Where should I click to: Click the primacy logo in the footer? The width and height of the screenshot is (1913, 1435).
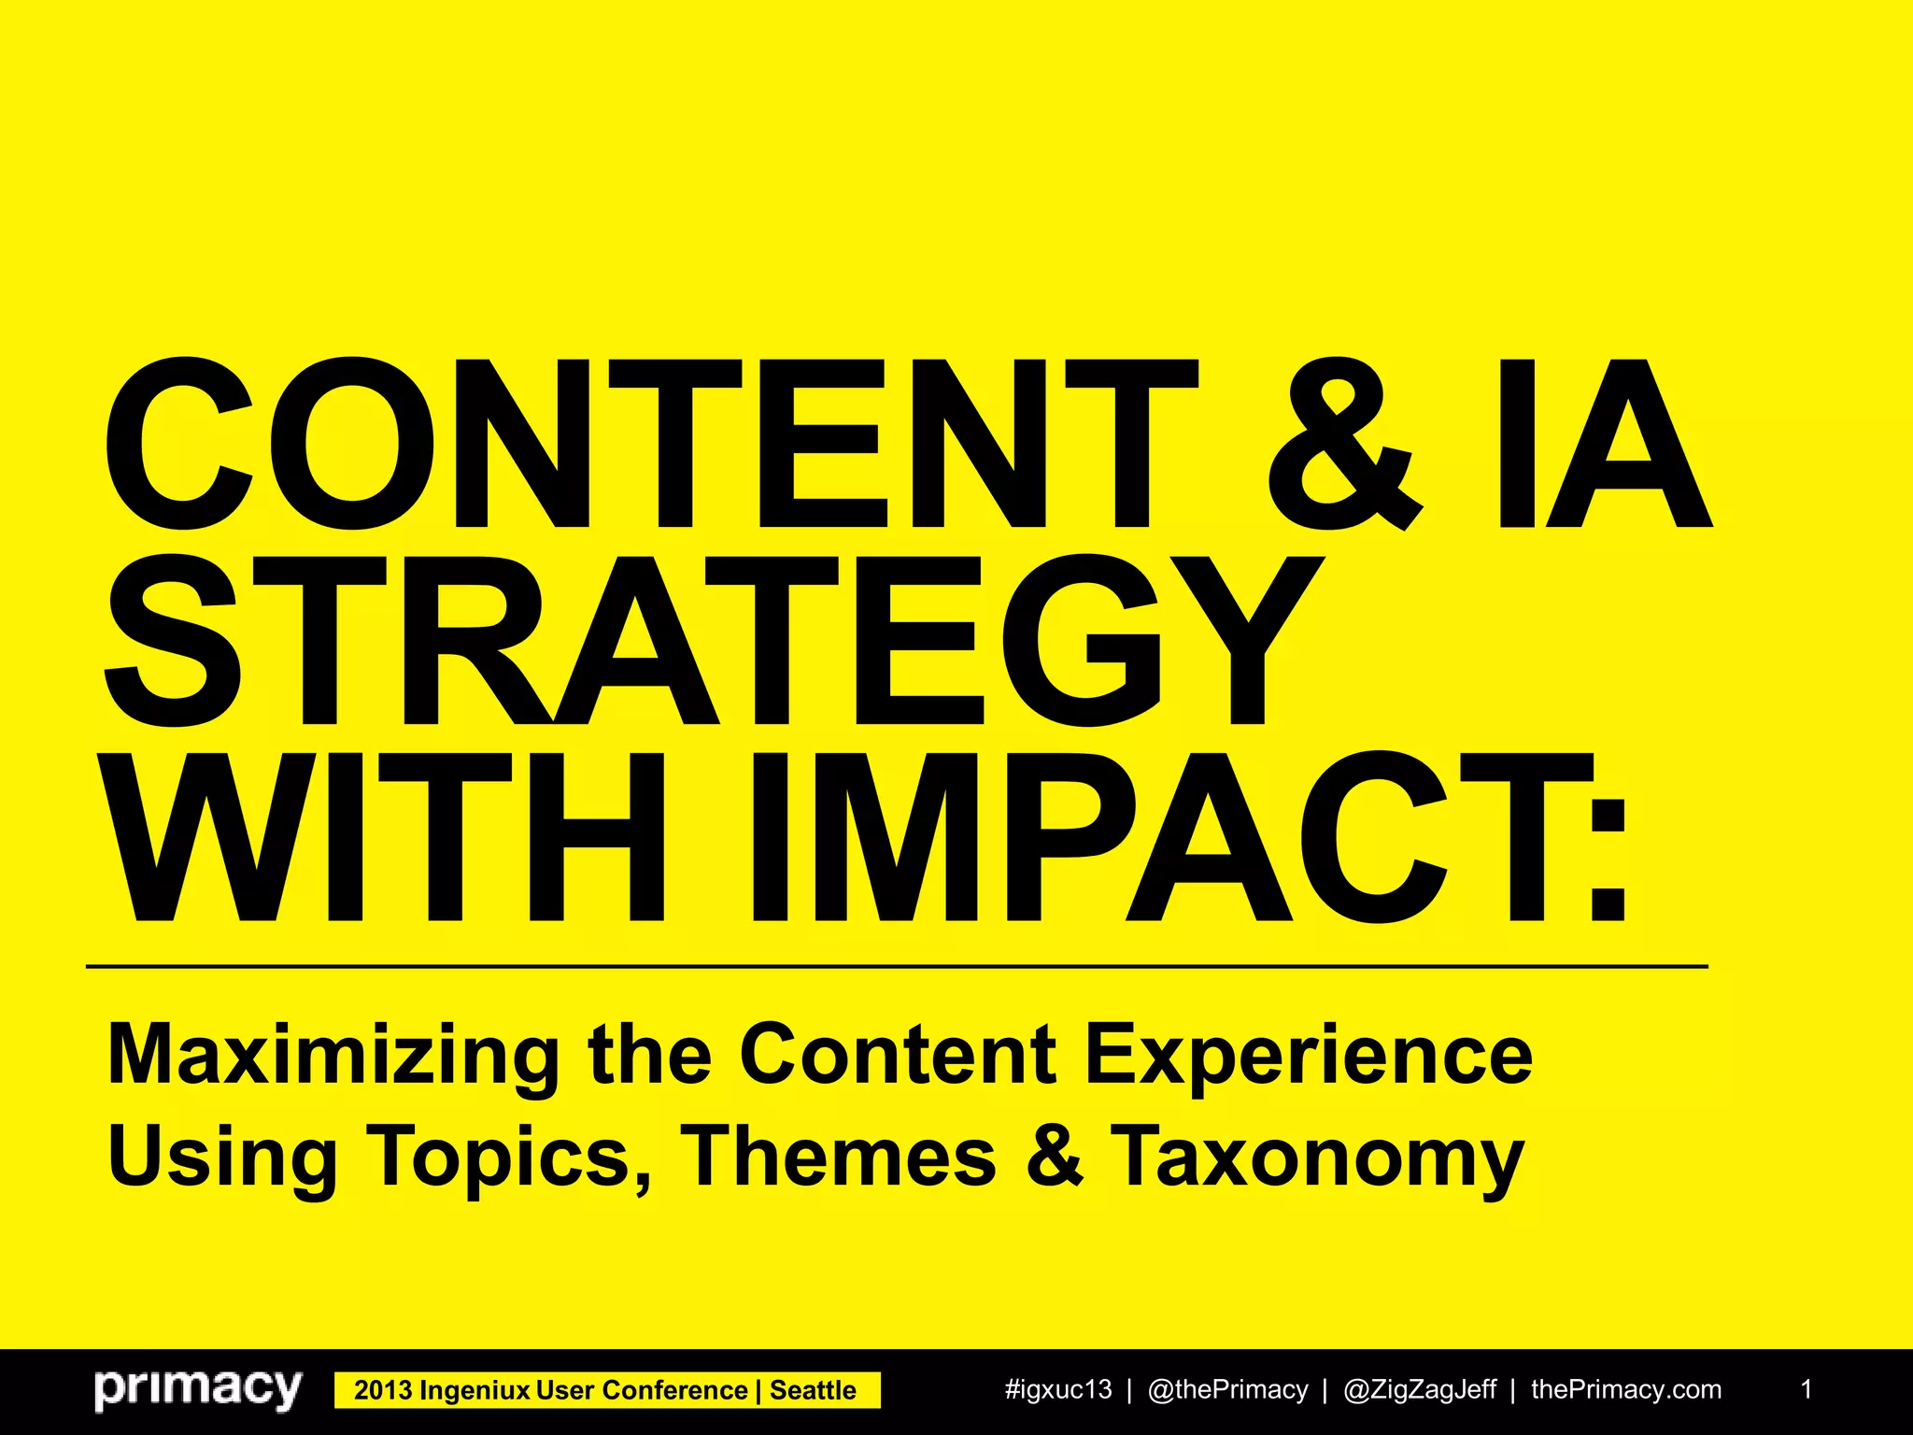pos(198,1389)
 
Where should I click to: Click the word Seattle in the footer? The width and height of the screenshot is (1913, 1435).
pos(813,1390)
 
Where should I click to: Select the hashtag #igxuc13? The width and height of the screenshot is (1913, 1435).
pos(1058,1390)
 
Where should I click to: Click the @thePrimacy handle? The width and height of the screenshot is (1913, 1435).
pos(1227,1390)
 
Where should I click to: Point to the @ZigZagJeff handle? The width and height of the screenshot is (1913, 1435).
pos(1420,1390)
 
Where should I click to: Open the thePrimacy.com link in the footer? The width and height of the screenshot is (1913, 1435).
pos(1626,1390)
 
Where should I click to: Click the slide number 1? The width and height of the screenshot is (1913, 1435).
pos(1807,1389)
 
